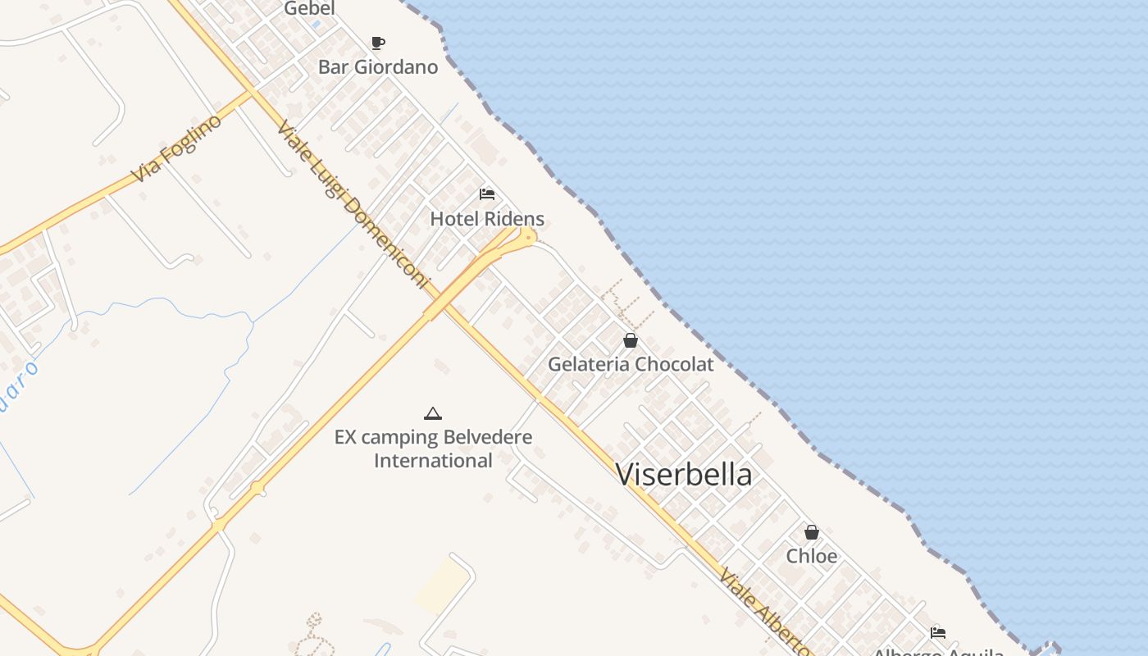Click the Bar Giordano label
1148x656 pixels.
(378, 67)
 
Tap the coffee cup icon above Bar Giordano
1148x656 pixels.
(377, 43)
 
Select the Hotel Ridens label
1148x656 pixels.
(487, 219)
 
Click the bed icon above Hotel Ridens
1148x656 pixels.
(487, 194)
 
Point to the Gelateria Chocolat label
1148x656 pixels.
(631, 364)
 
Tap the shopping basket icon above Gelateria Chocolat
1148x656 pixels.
(631, 340)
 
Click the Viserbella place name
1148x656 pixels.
(684, 475)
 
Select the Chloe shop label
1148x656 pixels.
(812, 556)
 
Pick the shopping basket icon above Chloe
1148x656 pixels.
(812, 532)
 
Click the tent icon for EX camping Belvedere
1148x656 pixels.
(433, 413)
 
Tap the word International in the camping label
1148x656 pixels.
(433, 461)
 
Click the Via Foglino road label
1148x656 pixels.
(177, 148)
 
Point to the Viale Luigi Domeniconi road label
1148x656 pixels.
(353, 205)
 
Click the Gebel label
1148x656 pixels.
(309, 9)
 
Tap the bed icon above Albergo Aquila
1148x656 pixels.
(938, 632)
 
